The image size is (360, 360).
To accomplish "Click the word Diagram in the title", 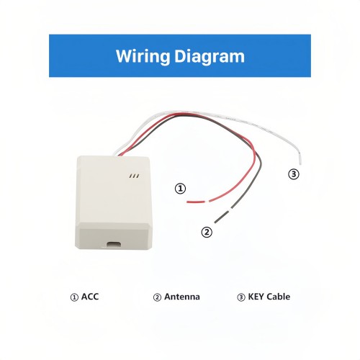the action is [210, 57].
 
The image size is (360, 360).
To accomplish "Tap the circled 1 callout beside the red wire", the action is [180, 189].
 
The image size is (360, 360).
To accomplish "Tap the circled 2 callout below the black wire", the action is [207, 232].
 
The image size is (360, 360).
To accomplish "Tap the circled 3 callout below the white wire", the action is [294, 174].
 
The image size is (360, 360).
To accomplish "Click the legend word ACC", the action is [90, 297].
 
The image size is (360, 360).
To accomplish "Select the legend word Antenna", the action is [182, 297].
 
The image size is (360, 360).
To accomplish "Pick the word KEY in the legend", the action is [256, 297].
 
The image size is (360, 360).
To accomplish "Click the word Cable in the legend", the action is [279, 297].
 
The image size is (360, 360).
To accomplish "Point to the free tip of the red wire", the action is [187, 202].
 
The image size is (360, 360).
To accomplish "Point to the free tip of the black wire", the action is [215, 222].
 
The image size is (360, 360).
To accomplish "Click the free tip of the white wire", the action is [301, 164].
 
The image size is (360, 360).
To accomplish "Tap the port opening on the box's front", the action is [114, 244].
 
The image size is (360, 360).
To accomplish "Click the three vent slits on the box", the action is [134, 176].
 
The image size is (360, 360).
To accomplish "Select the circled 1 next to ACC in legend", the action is [74, 297].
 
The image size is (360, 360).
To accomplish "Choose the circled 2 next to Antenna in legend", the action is [157, 297].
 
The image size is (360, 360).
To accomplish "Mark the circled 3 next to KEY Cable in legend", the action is [241, 297].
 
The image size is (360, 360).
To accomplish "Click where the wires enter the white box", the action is [120, 154].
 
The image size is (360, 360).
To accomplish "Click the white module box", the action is [114, 203].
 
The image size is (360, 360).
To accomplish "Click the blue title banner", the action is [180, 55].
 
